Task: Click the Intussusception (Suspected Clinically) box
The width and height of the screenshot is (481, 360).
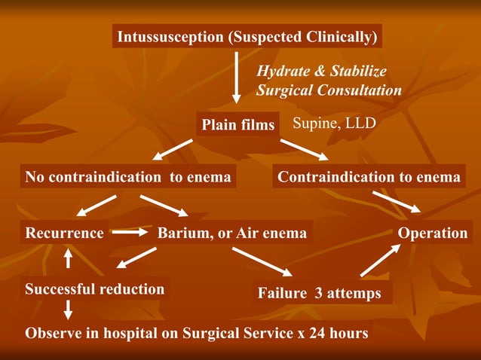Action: coord(247,36)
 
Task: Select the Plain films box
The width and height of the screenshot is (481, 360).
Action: coord(237,125)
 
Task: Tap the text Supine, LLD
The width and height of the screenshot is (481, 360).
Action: coord(333,123)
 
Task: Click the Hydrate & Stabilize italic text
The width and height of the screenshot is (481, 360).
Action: coord(322,72)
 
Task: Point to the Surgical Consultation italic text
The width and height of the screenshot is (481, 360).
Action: coord(329,90)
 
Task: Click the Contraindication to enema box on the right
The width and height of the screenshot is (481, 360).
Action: coord(369,177)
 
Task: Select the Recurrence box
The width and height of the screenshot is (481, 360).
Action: coord(65,233)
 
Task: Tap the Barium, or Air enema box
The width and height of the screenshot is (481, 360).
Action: coord(232,233)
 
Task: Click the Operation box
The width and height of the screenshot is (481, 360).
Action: coord(433,233)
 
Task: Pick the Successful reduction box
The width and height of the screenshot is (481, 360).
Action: coord(94,288)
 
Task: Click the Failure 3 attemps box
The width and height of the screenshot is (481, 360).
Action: coord(320,293)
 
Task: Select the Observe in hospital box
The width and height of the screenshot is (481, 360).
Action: coord(197,333)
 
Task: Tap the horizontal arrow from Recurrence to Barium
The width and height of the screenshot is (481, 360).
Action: coord(130,233)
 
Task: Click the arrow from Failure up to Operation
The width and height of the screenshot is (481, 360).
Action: coord(379,261)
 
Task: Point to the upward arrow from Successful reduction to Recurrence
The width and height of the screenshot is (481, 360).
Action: coord(68,259)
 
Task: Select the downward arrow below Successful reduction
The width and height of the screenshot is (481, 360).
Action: coord(68,309)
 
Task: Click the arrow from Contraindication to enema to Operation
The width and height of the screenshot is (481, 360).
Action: coord(397,200)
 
